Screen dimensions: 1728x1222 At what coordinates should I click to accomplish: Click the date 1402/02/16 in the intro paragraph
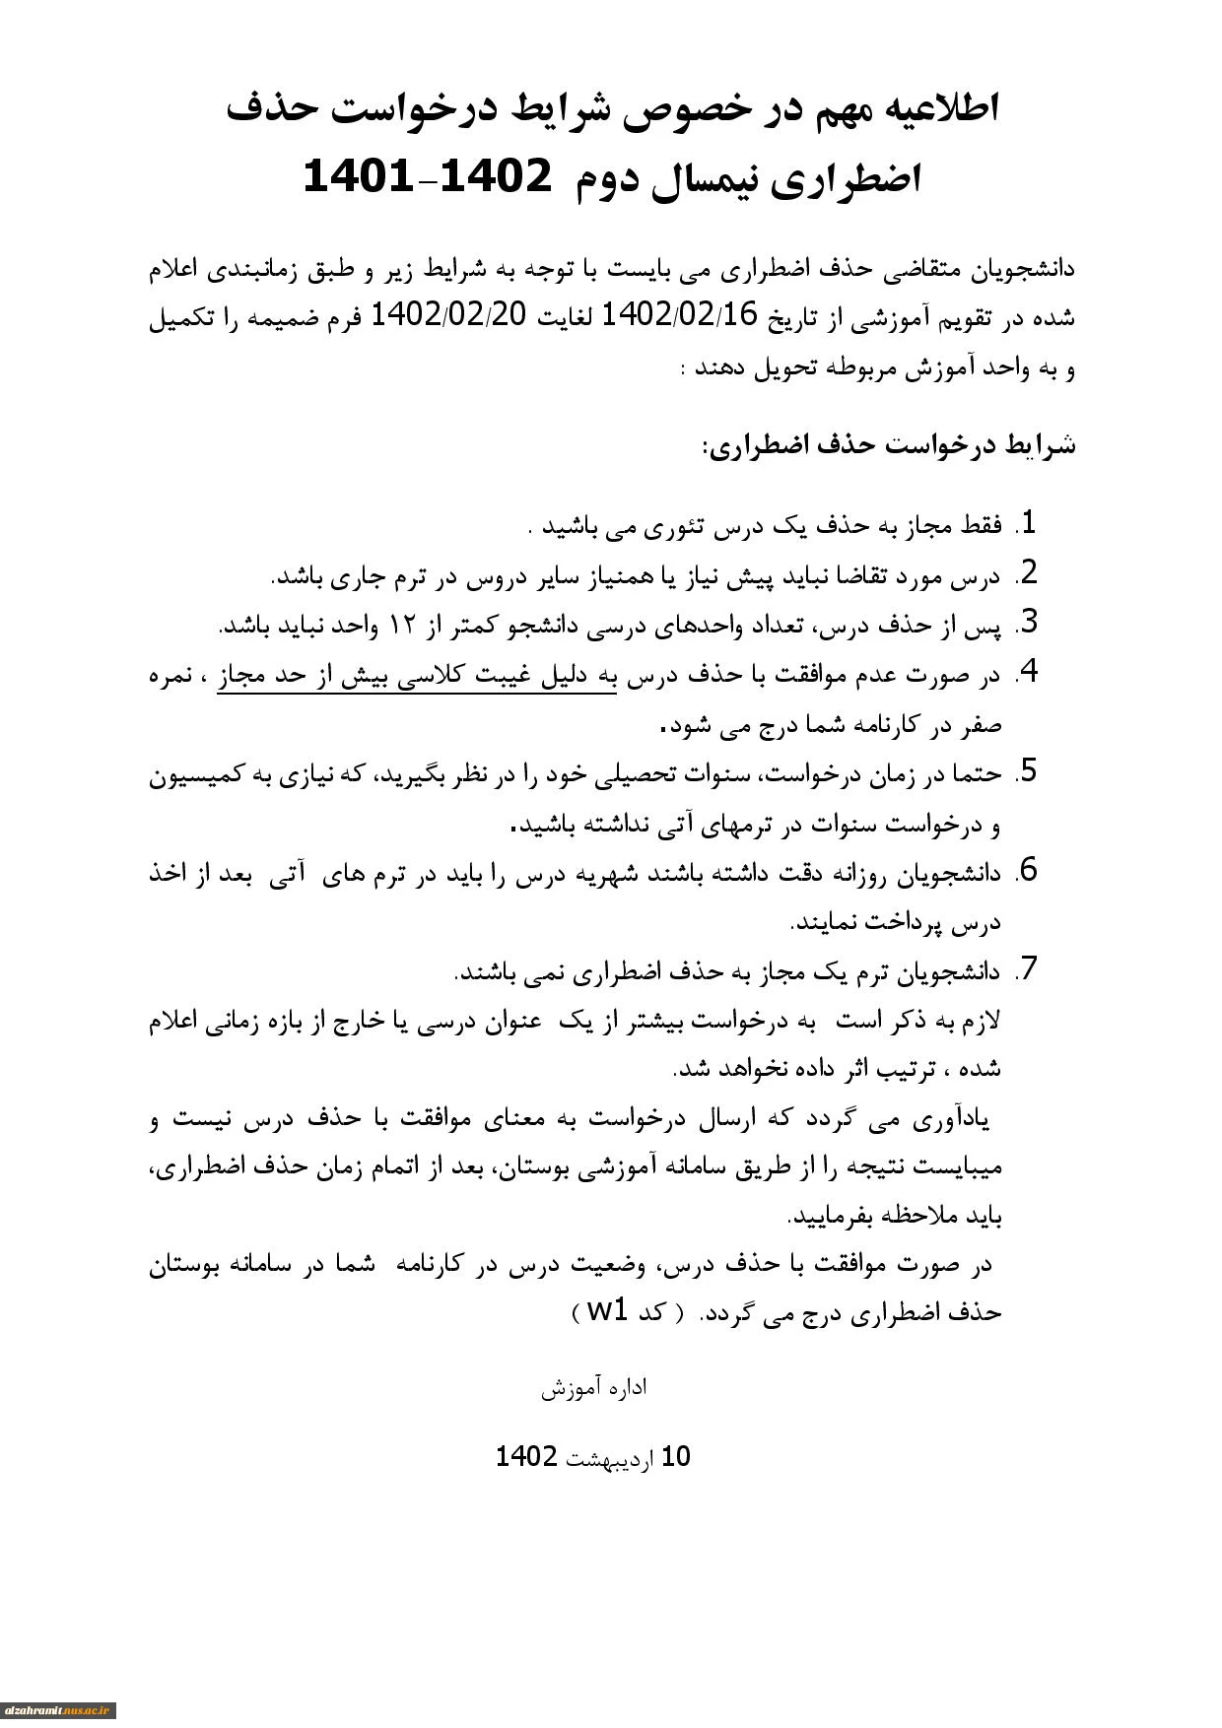tap(678, 316)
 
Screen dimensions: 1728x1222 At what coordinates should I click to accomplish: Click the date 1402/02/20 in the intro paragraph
tap(449, 316)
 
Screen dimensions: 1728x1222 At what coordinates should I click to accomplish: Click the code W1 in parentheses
tap(607, 1311)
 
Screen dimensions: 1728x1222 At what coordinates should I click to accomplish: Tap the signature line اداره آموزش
tap(594, 1389)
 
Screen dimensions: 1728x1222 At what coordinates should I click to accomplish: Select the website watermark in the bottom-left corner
tap(58, 1710)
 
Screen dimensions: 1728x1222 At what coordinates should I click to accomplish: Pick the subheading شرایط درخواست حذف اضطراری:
tap(888, 446)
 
